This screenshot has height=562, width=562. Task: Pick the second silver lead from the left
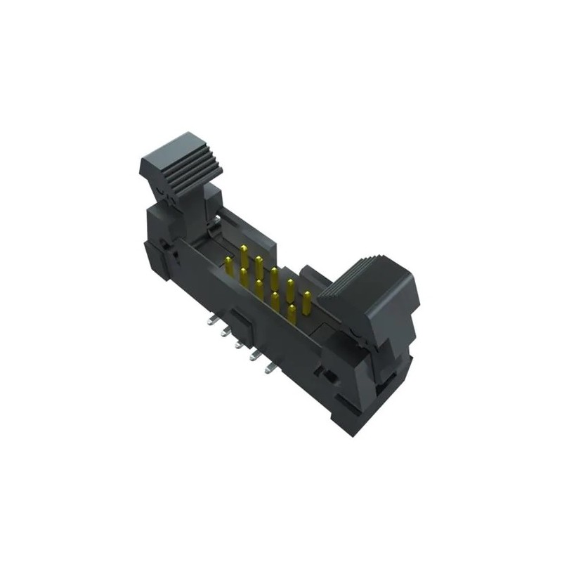pos(225,331)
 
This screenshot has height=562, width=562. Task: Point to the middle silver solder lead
pos(239,344)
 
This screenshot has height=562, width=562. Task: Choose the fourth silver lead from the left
pos(253,356)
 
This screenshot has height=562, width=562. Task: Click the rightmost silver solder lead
pos(268,367)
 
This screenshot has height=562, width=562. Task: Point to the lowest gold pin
pos(291,314)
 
